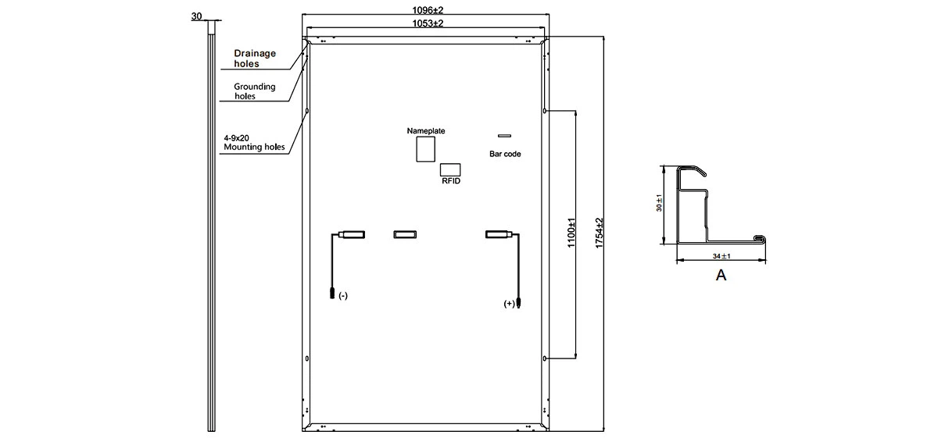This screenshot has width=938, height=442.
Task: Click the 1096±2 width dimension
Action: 428,10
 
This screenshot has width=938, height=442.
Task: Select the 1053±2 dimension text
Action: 428,23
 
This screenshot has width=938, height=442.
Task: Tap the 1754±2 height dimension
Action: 600,233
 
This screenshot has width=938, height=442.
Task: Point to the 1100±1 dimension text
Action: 571,233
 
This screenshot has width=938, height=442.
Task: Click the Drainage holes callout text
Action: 255,59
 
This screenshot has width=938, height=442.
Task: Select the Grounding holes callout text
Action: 255,91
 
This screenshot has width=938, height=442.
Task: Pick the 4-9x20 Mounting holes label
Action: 254,143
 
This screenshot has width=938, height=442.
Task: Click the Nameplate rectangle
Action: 425,149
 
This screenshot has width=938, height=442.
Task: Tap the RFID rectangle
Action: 450,169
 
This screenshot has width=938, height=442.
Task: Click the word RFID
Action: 451,181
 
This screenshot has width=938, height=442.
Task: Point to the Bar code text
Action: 505,154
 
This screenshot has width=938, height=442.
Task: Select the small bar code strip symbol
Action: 504,135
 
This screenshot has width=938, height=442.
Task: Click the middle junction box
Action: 405,234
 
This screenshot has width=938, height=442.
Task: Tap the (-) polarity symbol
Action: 343,296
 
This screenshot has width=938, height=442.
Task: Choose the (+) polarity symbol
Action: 509,304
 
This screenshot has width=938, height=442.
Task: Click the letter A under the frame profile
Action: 721,275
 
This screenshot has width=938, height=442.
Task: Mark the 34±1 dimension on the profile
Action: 721,256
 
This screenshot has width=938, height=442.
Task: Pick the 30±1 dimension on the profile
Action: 659,203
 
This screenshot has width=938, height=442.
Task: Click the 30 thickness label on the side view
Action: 196,16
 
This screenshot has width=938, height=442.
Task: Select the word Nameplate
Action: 426,131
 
